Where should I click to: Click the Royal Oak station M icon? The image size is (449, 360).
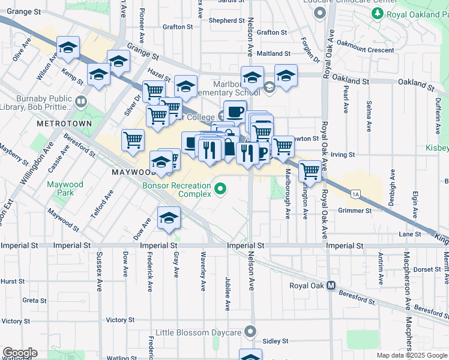[x=331, y=286]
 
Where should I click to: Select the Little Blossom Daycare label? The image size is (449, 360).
[x=198, y=332]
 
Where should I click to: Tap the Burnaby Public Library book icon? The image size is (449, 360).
[x=81, y=100]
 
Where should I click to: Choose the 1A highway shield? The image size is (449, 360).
[x=355, y=193]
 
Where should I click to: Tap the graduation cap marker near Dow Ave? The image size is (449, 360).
[x=169, y=218]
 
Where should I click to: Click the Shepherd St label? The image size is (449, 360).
[x=223, y=20]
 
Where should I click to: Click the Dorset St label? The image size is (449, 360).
[x=427, y=269]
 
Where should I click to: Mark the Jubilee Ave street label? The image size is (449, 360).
[x=227, y=293]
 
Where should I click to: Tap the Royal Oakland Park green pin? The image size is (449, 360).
[x=377, y=13]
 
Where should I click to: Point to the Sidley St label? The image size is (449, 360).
[x=276, y=341]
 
